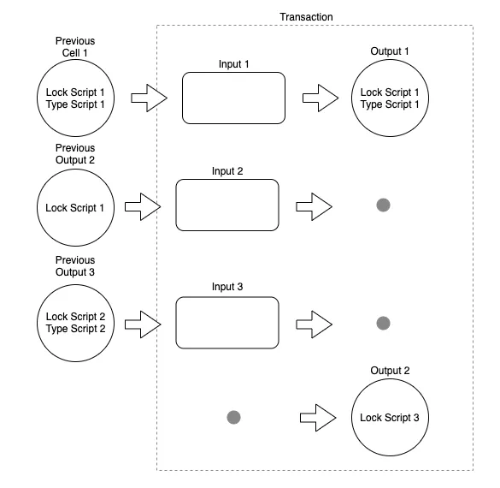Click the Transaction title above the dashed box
tap(306, 17)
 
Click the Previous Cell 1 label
tap(75, 46)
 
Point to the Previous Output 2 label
tap(75, 153)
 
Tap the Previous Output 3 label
tap(75, 265)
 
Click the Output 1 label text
tap(390, 51)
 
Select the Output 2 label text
tap(390, 371)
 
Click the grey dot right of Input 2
tap(383, 205)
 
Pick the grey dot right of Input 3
tap(383, 323)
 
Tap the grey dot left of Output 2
tap(233, 417)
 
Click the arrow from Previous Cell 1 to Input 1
tap(149, 98)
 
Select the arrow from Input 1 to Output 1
tap(321, 98)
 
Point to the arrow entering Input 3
tap(143, 324)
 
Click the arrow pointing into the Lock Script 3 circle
tap(318, 418)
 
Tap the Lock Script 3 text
tap(390, 418)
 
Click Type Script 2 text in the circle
tap(75, 329)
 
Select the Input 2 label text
tap(227, 171)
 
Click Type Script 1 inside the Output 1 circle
tap(390, 104)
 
